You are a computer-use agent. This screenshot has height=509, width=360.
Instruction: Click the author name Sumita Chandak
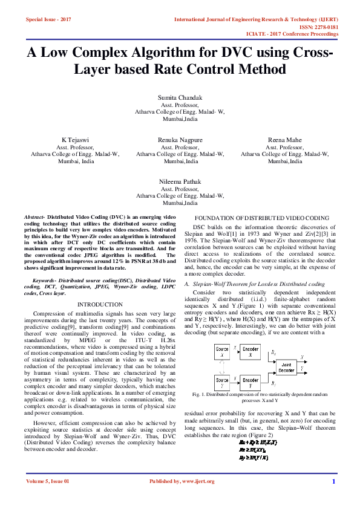pyautogui.click(x=180, y=98)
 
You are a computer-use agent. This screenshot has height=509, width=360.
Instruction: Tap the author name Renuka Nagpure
pyautogui.click(x=180, y=140)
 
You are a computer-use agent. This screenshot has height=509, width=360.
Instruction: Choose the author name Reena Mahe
pyautogui.click(x=284, y=140)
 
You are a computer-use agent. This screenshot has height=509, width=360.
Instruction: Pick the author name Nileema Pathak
pyautogui.click(x=180, y=181)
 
